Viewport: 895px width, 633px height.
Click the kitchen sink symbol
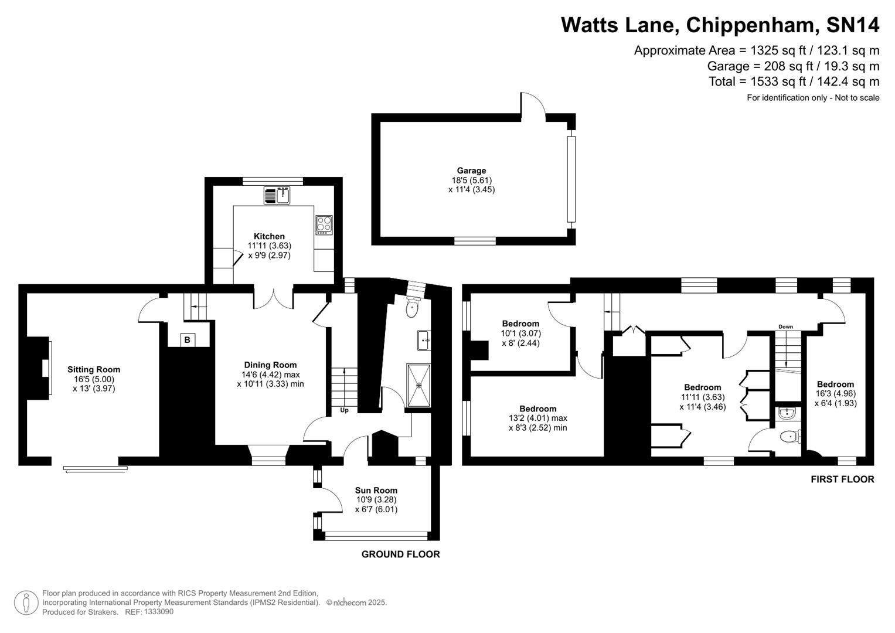pos(277,195)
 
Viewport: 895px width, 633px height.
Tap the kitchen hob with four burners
pos(324,224)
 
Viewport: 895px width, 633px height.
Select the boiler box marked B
pos(187,340)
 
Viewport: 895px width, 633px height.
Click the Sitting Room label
pos(94,369)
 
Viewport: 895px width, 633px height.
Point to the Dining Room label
pos(270,365)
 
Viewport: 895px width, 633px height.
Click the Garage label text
pos(471,171)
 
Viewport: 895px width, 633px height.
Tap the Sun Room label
pos(376,490)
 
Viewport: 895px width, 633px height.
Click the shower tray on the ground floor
pos(418,385)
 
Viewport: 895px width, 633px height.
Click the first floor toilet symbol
pos(789,437)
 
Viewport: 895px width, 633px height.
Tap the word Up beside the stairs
pos(344,410)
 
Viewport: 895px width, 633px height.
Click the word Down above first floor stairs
pos(785,326)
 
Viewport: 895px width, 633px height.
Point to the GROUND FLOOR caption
pos(400,554)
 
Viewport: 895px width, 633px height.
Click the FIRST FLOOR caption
pos(842,479)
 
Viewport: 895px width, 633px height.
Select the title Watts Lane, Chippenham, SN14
pos(720,25)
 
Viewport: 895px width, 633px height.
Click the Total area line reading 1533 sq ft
pos(794,81)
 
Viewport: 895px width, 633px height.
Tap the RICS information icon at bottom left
pos(26,603)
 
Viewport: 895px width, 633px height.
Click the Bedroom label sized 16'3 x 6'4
pos(835,384)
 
